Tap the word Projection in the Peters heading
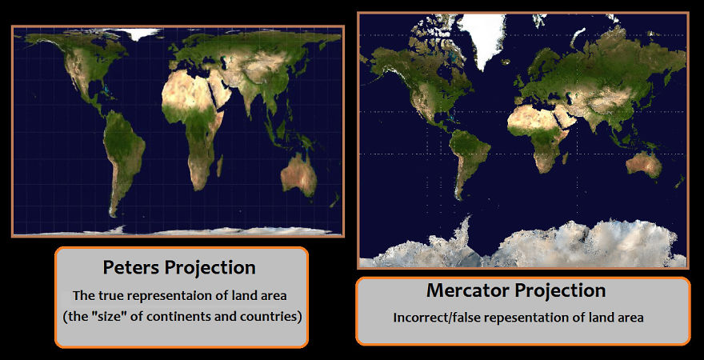[x=214, y=267]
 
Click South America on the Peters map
[x=124, y=156]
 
